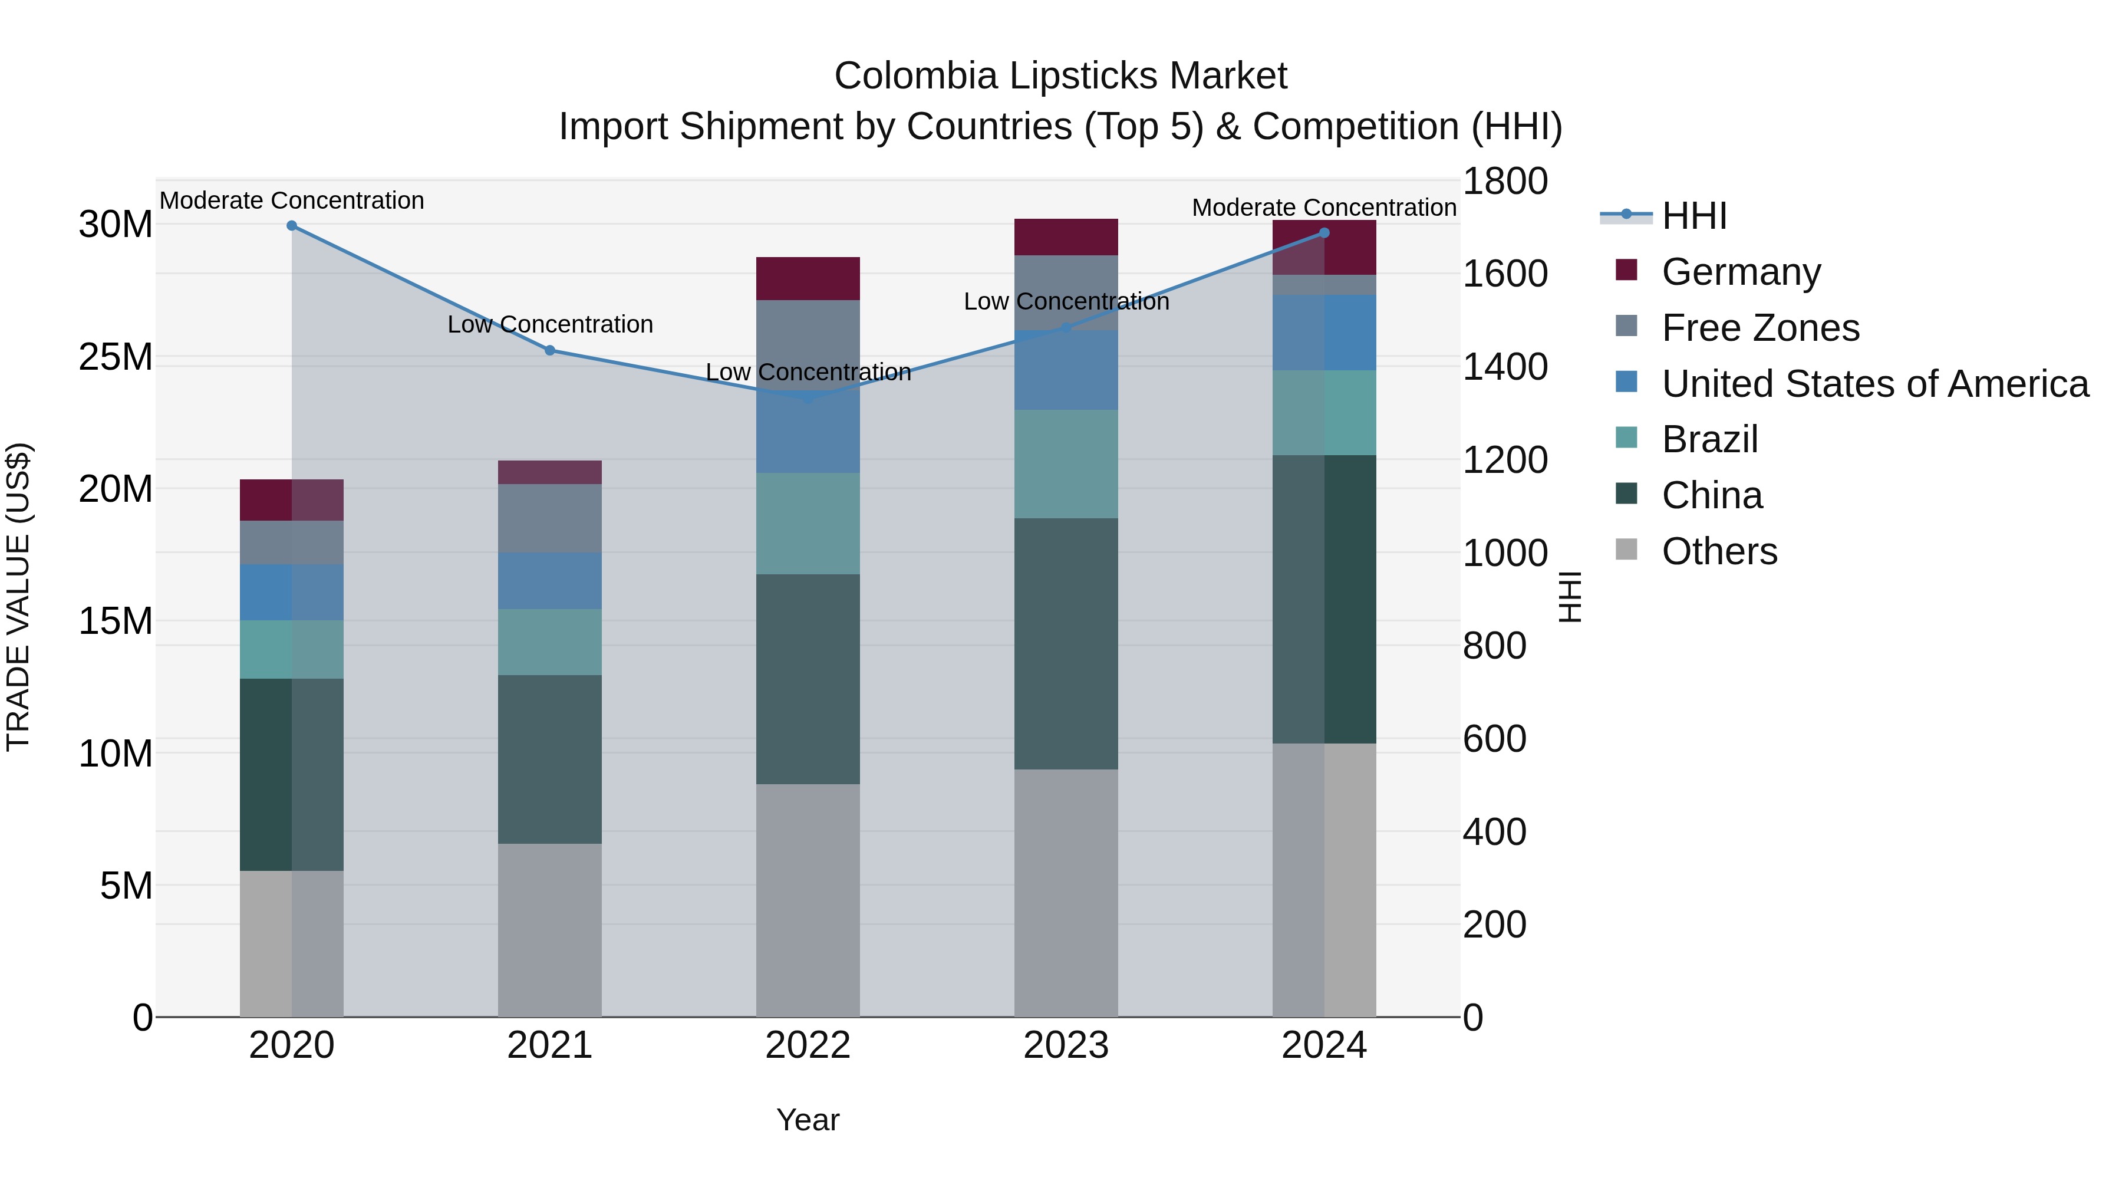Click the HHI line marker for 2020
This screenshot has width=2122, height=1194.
292,226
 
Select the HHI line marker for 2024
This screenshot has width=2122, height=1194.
1324,233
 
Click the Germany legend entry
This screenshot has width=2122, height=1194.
1741,272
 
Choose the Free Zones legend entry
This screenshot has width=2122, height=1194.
1759,328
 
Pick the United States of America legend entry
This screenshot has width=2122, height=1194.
1874,384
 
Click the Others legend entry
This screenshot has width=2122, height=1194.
1719,551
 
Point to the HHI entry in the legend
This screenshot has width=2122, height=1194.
1693,216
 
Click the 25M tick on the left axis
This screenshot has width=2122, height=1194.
116,357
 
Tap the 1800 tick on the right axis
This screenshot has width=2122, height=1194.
1505,181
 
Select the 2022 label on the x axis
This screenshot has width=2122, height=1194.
808,1045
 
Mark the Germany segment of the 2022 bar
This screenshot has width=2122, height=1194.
808,278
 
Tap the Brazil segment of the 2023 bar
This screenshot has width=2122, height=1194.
1066,464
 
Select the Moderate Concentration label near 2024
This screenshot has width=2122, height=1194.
1324,208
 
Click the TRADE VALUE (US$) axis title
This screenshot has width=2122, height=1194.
18,597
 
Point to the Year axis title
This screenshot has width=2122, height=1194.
808,1120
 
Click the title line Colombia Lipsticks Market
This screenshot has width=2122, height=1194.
1060,76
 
